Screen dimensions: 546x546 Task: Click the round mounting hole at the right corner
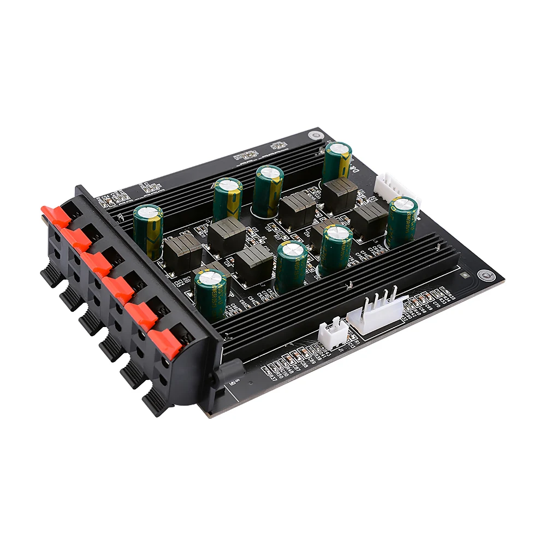484,276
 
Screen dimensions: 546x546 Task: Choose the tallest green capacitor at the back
336,162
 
